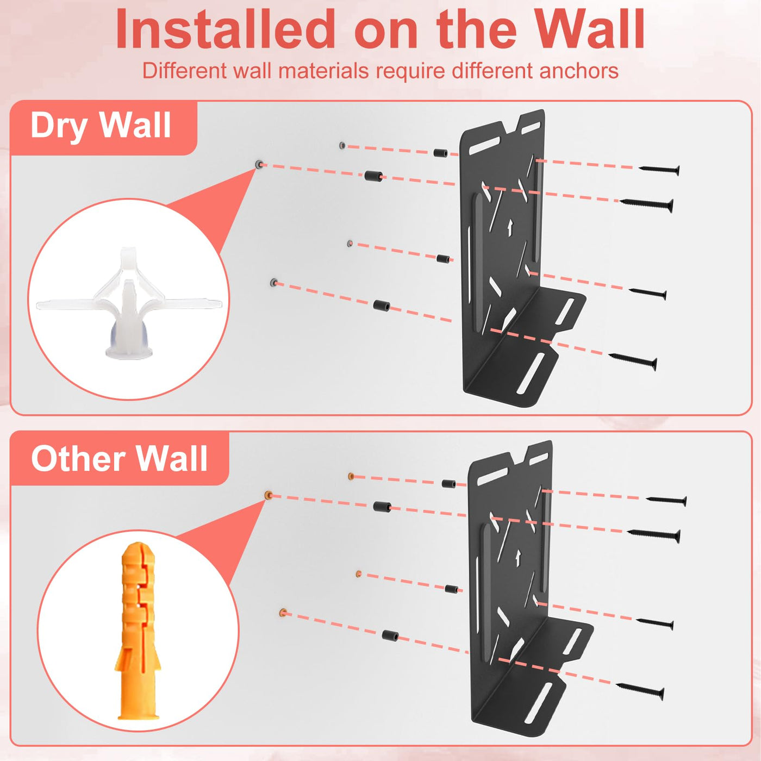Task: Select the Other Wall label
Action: [119, 458]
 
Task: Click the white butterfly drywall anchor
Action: [129, 302]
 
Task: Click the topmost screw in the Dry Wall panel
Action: [659, 170]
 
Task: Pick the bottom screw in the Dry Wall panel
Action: [633, 361]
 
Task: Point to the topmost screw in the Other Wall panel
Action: [666, 500]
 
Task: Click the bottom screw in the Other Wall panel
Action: [640, 691]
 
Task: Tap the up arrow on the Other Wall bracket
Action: [518, 556]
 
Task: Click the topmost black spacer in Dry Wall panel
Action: [440, 153]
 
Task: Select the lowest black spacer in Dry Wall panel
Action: [382, 305]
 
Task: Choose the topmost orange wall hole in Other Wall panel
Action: [350, 476]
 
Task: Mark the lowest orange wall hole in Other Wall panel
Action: [283, 613]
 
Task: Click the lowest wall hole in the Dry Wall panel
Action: [273, 282]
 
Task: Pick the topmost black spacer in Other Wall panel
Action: [448, 484]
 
